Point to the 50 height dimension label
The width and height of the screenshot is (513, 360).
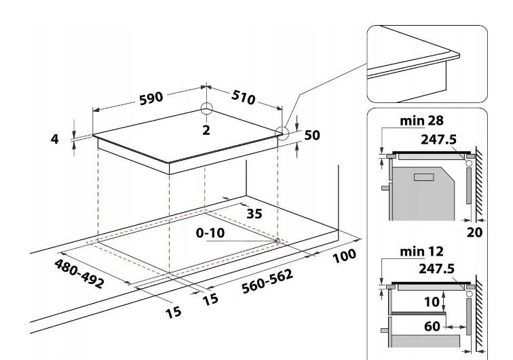tap(311, 135)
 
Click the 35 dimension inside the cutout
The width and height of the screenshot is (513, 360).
tap(254, 214)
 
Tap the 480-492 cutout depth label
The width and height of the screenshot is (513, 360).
tap(77, 271)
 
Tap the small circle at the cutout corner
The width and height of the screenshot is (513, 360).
tap(278, 240)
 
